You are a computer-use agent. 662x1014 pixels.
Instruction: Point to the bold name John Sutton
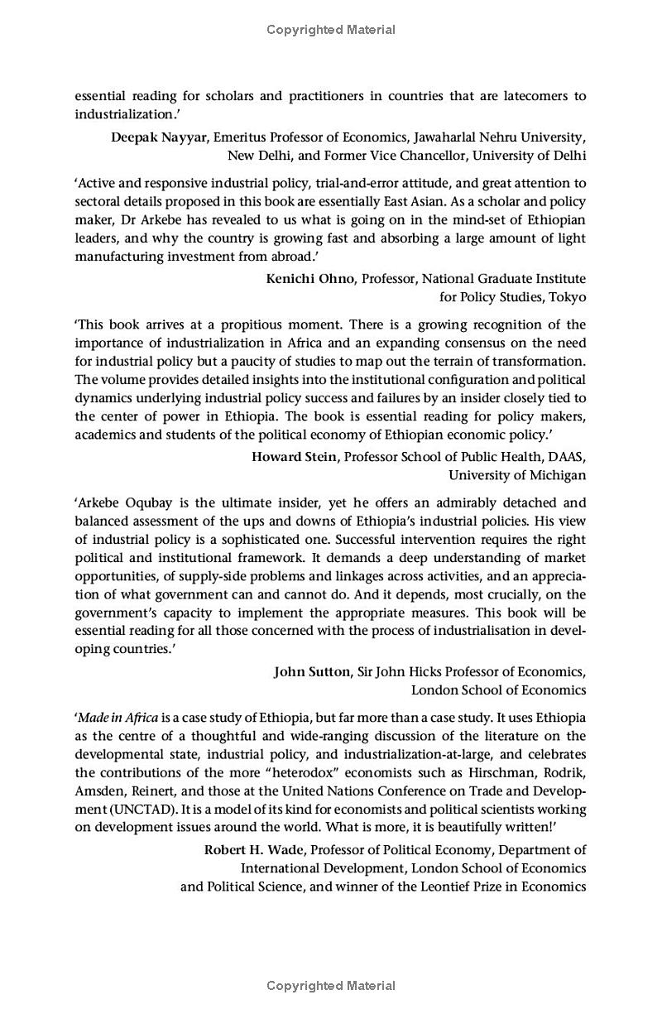(312, 672)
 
